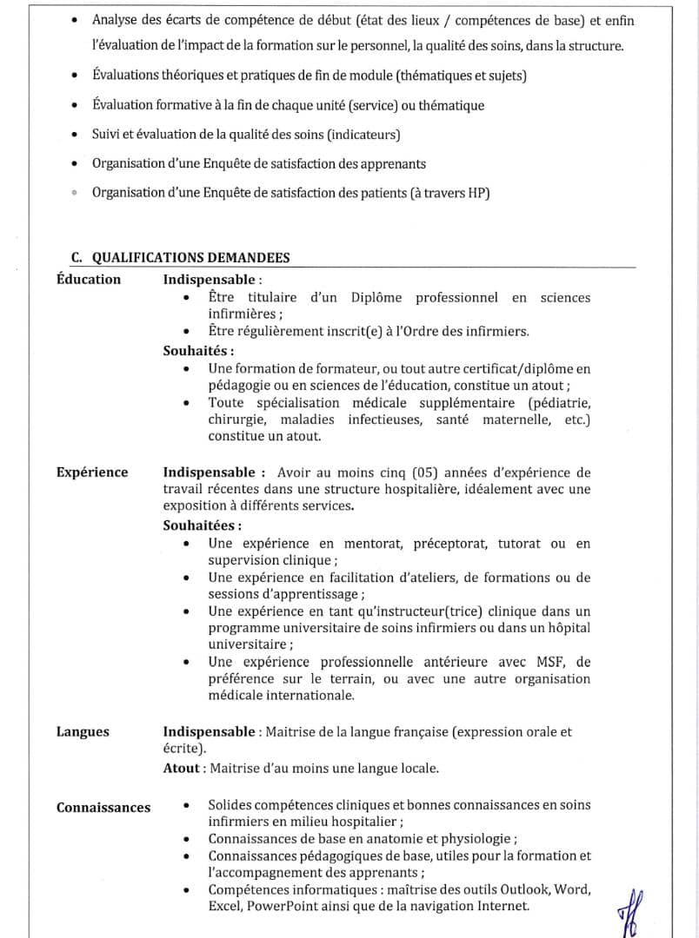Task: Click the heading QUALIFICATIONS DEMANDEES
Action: point(190,257)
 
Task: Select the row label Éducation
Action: point(89,279)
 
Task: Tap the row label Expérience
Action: point(92,472)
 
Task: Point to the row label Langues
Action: point(83,731)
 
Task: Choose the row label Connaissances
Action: point(103,808)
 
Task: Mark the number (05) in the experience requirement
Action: point(420,472)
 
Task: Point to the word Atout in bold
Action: point(181,768)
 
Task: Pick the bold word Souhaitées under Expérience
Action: point(200,525)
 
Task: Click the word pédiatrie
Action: point(561,403)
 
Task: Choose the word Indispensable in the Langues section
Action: point(208,731)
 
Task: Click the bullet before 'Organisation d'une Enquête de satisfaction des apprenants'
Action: point(76,164)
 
